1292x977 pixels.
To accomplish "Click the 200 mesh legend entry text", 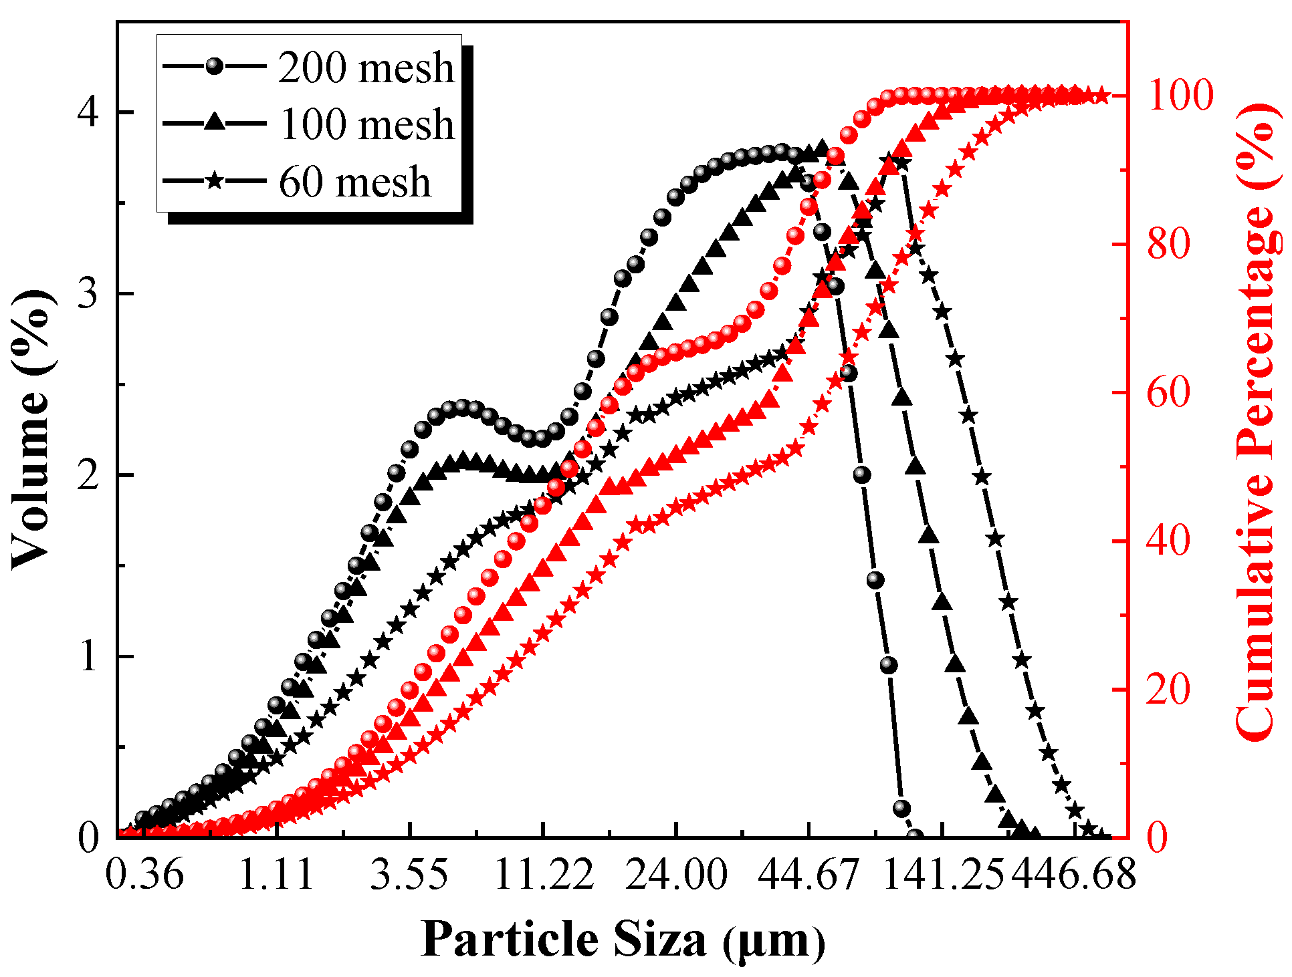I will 366,67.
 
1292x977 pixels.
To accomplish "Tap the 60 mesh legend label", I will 354,182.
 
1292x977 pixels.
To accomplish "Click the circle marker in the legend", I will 215,66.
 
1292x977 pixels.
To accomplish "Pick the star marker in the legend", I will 215,181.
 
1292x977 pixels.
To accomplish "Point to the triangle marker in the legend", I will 215,122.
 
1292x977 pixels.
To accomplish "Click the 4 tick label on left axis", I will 88,112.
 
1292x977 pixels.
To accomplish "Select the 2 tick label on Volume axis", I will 88,475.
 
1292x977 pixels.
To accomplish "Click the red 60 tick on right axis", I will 1168,392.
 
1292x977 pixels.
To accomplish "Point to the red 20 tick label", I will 1168,689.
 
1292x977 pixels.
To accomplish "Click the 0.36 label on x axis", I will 144,874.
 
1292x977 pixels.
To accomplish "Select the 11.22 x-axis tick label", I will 543,874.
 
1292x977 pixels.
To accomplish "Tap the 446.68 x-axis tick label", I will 1073,874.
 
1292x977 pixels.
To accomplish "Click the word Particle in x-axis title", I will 510,940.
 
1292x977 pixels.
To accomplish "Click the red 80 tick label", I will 1168,244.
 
